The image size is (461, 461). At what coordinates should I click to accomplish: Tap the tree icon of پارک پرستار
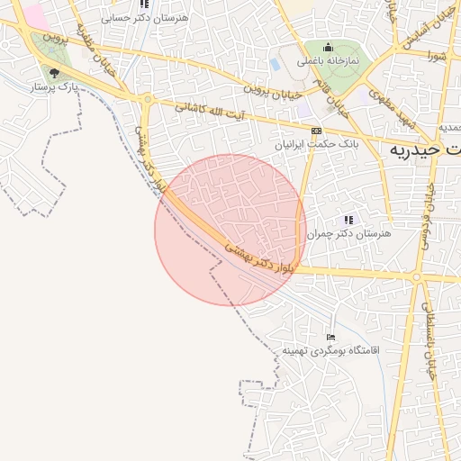(54, 74)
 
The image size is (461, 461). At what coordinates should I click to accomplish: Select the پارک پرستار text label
(56, 87)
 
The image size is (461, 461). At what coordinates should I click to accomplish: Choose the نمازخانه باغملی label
(329, 60)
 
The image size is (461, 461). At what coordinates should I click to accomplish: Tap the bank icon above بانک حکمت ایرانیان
(315, 131)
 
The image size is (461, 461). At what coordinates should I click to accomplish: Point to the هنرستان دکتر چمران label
(349, 233)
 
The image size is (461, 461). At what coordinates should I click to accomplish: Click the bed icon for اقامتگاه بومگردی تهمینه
(331, 337)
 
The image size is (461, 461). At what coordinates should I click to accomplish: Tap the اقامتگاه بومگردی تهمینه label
(331, 349)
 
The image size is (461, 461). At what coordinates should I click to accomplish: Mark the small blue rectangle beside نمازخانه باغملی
(275, 64)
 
